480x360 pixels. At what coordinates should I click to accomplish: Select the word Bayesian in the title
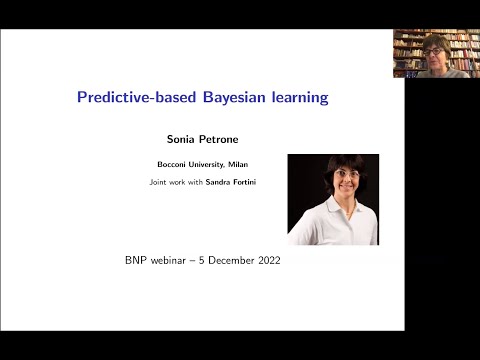220,98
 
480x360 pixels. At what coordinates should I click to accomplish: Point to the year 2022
267,260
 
